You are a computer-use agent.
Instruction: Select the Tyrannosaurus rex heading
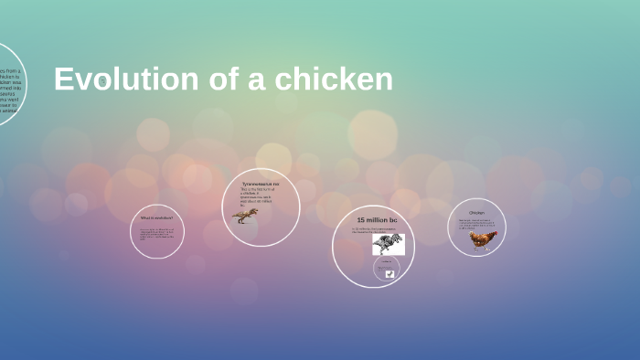tap(261, 184)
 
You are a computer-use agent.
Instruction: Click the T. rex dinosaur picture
tap(246, 216)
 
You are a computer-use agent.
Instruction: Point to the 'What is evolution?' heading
tap(156, 218)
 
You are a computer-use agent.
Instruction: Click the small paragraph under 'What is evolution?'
tap(156, 234)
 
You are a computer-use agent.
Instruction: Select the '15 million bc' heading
tap(377, 221)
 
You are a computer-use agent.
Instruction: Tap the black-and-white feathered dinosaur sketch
tap(388, 243)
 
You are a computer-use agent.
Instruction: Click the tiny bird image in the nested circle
tap(389, 272)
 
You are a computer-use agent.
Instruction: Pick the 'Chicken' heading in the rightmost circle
tap(476, 213)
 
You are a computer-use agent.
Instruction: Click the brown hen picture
tap(482, 239)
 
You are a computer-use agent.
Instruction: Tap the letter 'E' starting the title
tap(63, 79)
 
